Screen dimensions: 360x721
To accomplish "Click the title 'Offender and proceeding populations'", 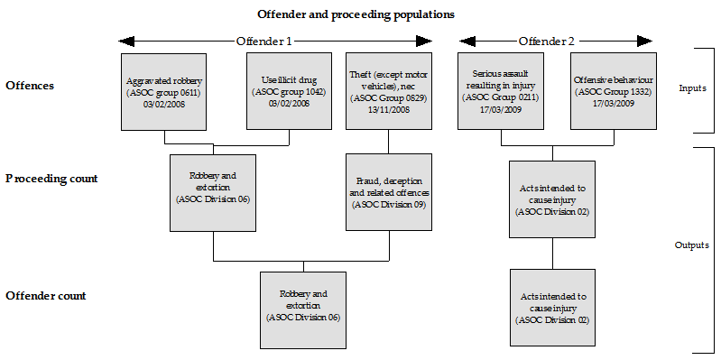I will point(356,14).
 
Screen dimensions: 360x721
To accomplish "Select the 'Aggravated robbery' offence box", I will point(163,91).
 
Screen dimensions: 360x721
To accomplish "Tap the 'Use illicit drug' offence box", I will point(286,91).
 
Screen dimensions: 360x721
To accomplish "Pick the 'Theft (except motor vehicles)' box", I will point(389,91).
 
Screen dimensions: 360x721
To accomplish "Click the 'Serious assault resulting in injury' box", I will point(498,91).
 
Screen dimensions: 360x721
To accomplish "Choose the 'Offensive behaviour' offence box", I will point(613,91).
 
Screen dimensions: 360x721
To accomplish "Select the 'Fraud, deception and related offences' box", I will point(389,192).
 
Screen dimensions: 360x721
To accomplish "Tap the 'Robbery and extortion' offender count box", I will point(303,306).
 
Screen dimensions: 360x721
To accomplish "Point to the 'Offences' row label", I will point(30,86).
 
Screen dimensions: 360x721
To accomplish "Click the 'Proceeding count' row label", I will point(51,179).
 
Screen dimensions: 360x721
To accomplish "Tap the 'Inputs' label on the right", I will point(693,88).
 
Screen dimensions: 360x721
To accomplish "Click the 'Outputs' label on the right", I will point(693,245).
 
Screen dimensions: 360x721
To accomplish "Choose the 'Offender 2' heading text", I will point(546,42).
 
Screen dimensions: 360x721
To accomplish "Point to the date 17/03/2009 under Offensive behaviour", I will point(613,104).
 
